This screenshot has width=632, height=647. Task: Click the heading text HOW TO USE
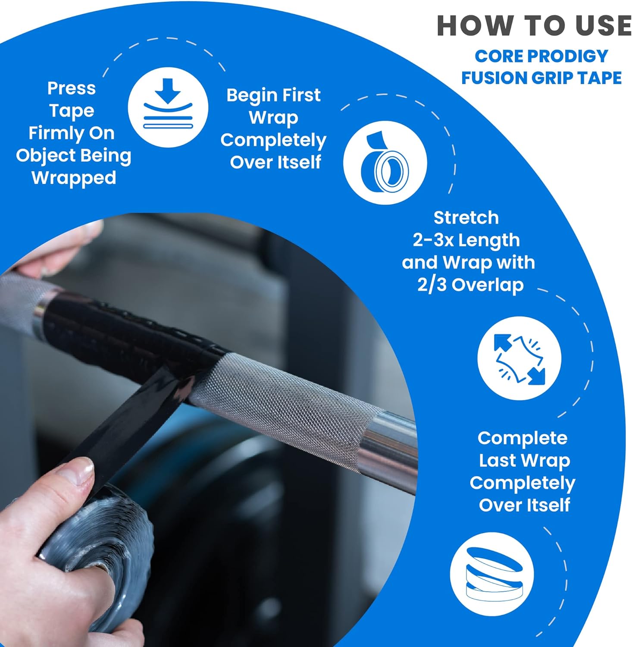534,25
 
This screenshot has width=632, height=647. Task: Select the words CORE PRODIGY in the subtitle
541,56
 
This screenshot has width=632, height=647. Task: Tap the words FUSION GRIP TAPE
541,78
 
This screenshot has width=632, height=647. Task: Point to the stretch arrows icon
519,358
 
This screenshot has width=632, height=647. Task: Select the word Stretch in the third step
466,218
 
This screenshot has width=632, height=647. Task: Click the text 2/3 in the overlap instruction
432,285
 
